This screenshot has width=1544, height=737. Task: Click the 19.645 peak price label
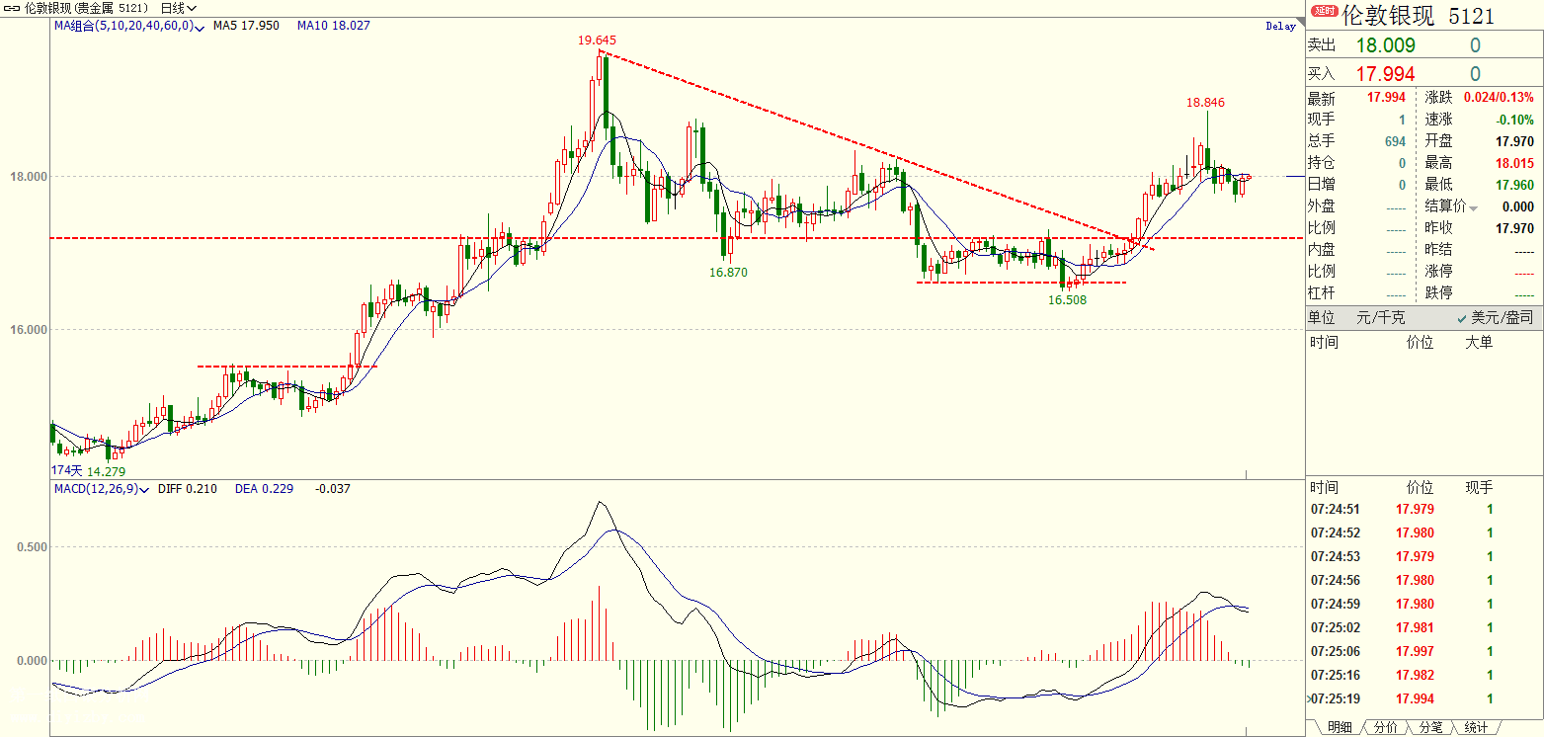pyautogui.click(x=597, y=41)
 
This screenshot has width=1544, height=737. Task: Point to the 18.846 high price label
pyautogui.click(x=1205, y=102)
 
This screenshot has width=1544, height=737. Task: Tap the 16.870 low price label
pyautogui.click(x=728, y=272)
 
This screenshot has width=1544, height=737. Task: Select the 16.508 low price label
pyautogui.click(x=1067, y=298)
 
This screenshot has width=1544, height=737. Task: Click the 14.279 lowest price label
pyautogui.click(x=107, y=471)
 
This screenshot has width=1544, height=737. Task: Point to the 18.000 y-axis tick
pyautogui.click(x=28, y=177)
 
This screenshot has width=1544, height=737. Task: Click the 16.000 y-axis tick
pyautogui.click(x=28, y=330)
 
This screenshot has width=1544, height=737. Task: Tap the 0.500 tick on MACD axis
pyautogui.click(x=31, y=546)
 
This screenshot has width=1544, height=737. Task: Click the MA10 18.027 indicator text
pyautogui.click(x=333, y=26)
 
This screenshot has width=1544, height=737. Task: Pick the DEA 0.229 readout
pyautogui.click(x=264, y=488)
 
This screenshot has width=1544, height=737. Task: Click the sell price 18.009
pyautogui.click(x=1385, y=45)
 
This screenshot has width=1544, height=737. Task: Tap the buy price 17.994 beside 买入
pyautogui.click(x=1385, y=74)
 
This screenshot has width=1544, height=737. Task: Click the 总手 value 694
pyautogui.click(x=1394, y=141)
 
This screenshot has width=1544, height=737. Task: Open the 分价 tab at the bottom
pyautogui.click(x=1385, y=727)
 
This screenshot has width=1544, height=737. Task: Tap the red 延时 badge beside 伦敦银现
pyautogui.click(x=1323, y=11)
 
